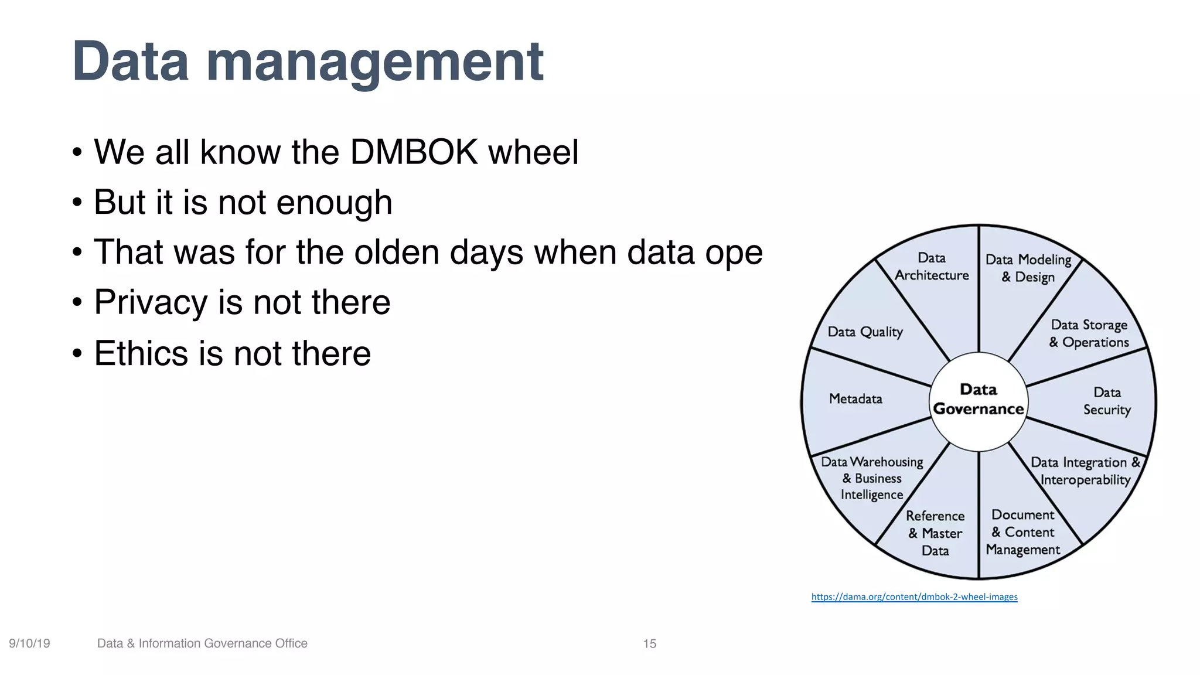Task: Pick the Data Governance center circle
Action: (x=979, y=400)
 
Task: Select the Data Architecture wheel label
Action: (x=932, y=267)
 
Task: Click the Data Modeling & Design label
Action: (x=1028, y=268)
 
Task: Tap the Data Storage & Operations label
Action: (x=1089, y=333)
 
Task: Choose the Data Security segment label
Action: (x=1106, y=401)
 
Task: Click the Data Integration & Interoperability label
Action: (x=1085, y=471)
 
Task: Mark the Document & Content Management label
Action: (x=1022, y=532)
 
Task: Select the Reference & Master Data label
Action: (x=935, y=533)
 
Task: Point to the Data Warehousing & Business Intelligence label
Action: (x=872, y=478)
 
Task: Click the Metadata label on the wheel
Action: (x=855, y=399)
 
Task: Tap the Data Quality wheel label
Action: (x=865, y=332)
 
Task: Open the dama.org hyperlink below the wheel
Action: (x=914, y=597)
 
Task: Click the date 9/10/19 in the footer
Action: (x=29, y=643)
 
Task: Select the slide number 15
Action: (x=649, y=644)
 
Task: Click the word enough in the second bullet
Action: (x=334, y=203)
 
